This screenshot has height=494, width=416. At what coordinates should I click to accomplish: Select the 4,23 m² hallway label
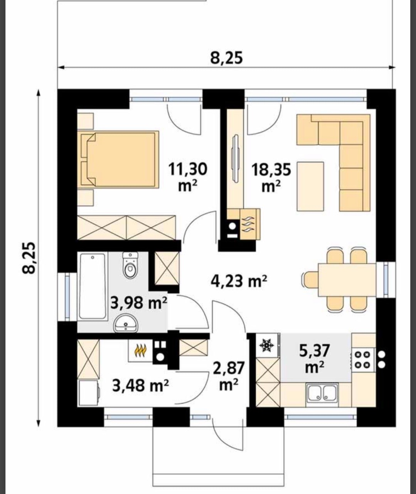tap(239, 281)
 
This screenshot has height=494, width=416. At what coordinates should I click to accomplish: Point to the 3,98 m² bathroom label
tap(139, 303)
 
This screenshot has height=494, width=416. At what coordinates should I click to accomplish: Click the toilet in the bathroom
tap(130, 265)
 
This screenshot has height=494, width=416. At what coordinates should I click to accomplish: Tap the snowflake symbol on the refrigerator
tap(266, 345)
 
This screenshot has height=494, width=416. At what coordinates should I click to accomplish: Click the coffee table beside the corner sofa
tap(310, 186)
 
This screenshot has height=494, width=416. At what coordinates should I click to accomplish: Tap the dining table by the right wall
tap(347, 280)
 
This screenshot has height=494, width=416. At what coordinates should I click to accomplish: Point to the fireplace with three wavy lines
tap(250, 223)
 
